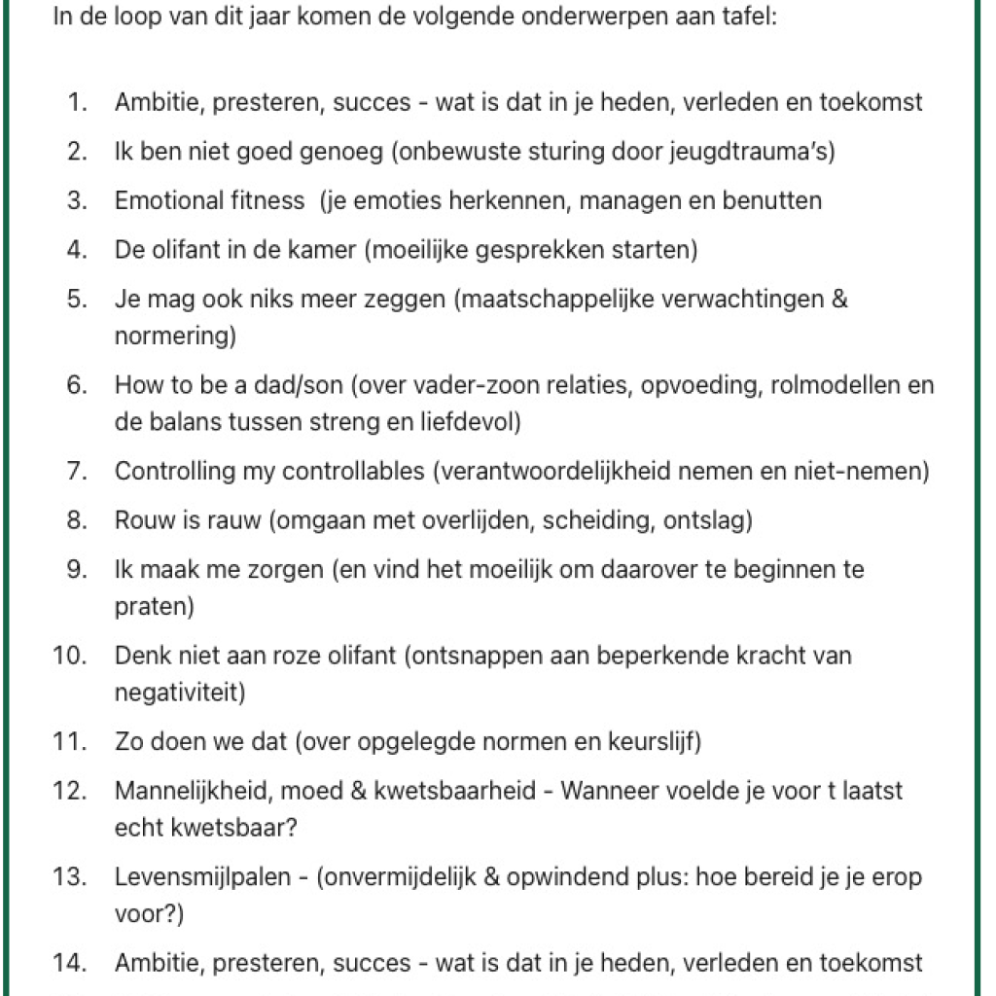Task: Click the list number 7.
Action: (x=77, y=472)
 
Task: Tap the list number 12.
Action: (x=70, y=791)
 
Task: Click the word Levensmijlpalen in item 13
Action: (x=202, y=877)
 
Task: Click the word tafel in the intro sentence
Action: (x=751, y=18)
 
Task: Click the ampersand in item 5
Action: (x=840, y=299)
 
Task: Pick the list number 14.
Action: (x=70, y=963)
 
